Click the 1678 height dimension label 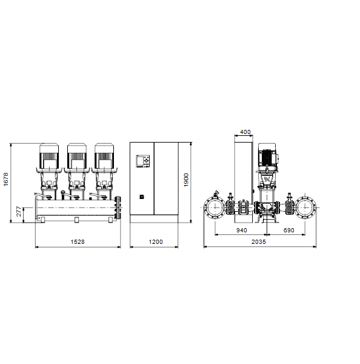coord(6,179)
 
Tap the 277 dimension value coord(19,212)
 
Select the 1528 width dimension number coord(78,242)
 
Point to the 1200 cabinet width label coord(156,242)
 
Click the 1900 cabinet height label coord(186,180)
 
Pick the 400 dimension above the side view coord(245,132)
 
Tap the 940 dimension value coord(241,231)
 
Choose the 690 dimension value coord(289,231)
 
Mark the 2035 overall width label coord(259,242)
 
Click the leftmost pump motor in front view coord(49,156)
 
